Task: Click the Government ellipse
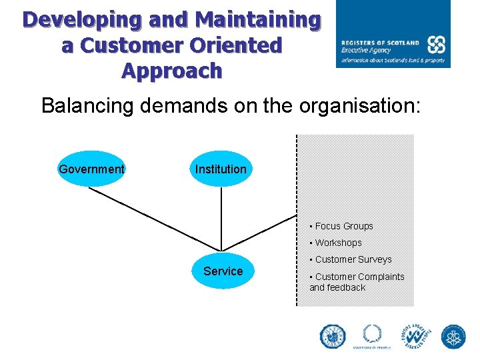[x=91, y=169]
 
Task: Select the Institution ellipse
[x=221, y=169]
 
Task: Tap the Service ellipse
[x=223, y=271]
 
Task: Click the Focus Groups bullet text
[x=343, y=226]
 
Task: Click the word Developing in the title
[x=83, y=20]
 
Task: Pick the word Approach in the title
[x=172, y=70]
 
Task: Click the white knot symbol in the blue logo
[x=436, y=45]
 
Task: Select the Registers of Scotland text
[x=380, y=42]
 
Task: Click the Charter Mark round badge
[x=333, y=337]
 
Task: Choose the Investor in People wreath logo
[x=372, y=336]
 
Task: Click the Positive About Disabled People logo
[x=416, y=337]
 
